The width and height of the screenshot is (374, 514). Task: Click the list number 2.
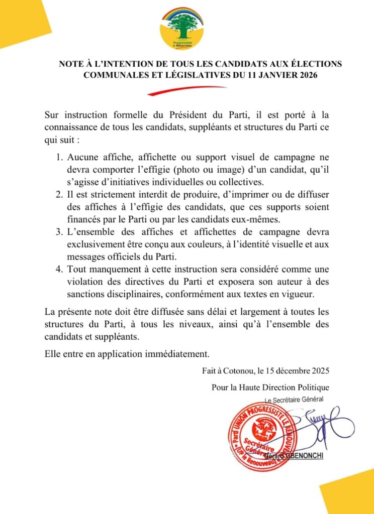point(58,194)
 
